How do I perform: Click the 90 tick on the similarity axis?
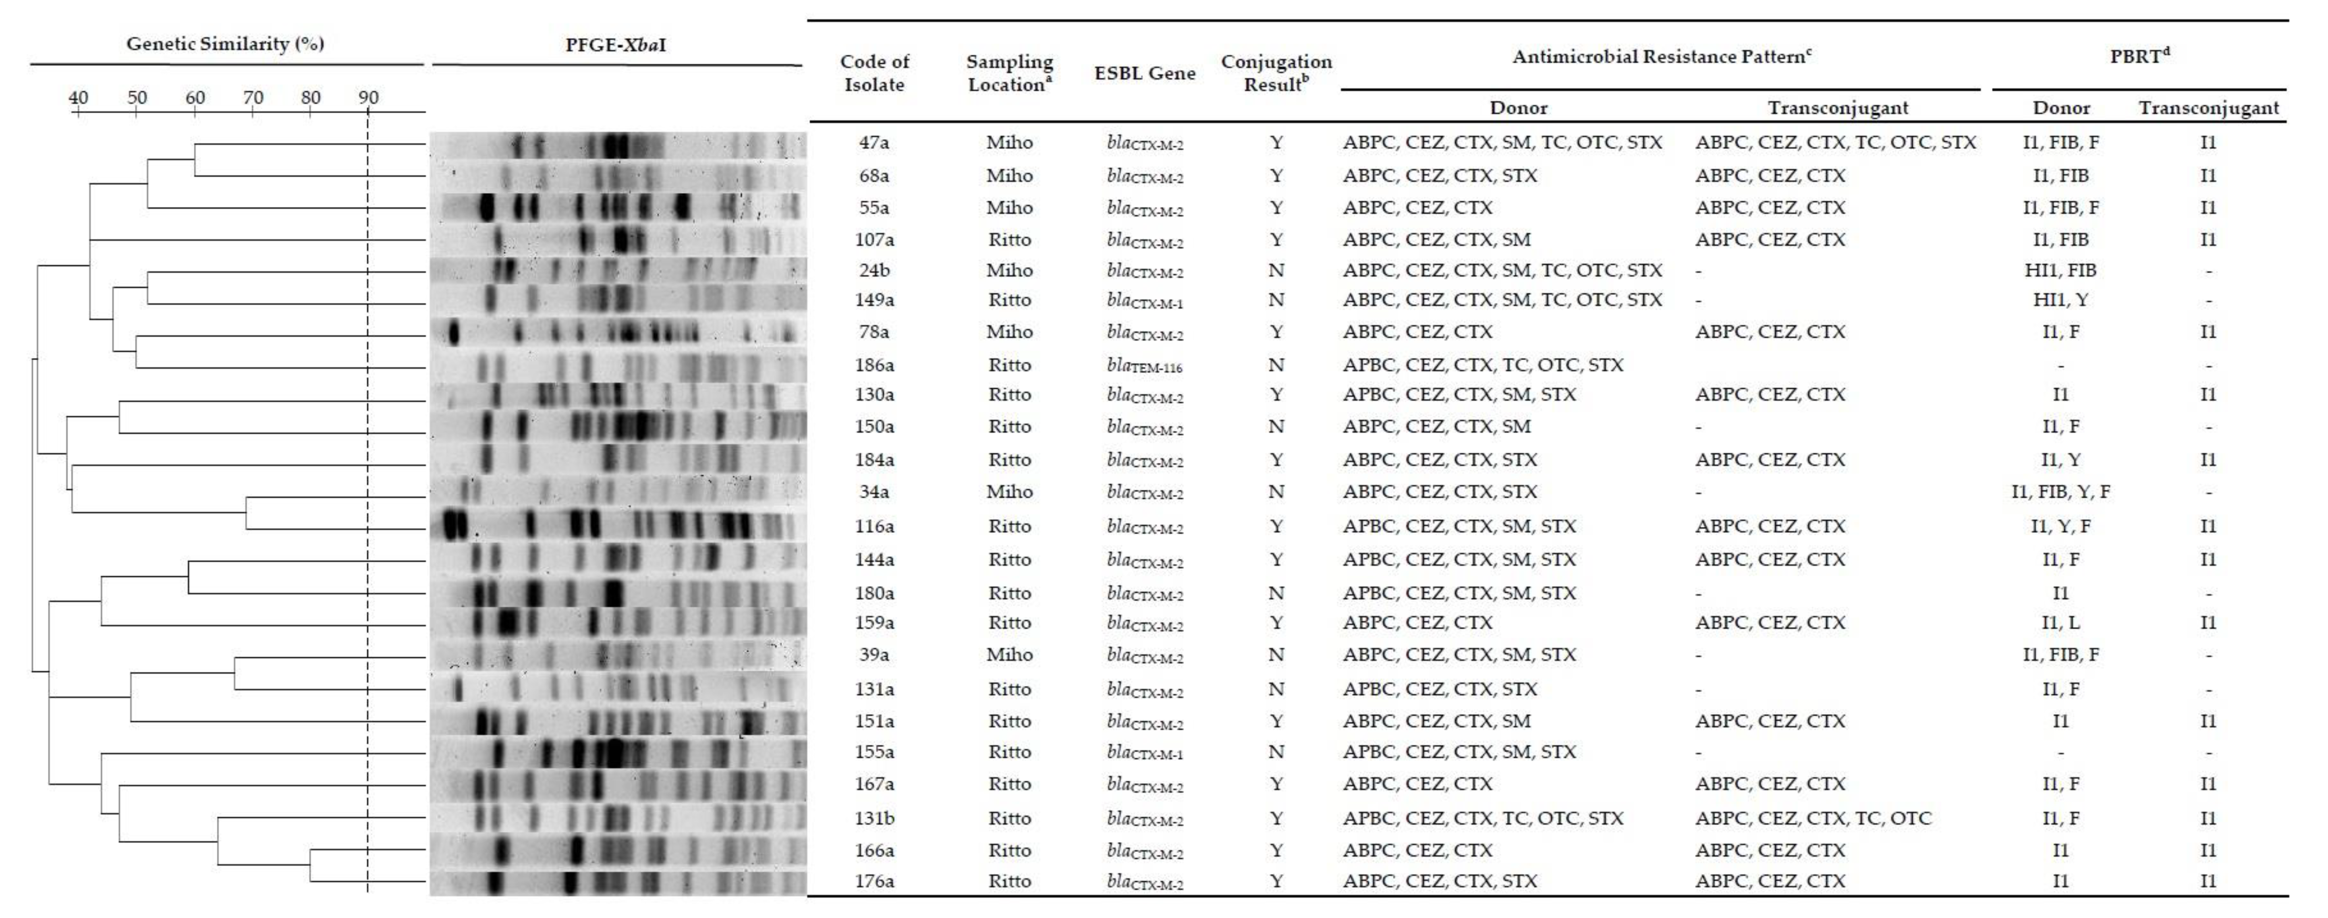click(x=368, y=97)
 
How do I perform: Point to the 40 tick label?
click(x=79, y=97)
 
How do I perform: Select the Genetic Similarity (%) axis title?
click(x=225, y=44)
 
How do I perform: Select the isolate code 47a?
click(x=874, y=143)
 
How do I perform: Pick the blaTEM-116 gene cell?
click(x=1144, y=365)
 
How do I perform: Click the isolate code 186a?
click(x=874, y=365)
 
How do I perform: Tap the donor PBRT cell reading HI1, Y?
click(x=2060, y=300)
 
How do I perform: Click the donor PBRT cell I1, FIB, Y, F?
click(x=2060, y=491)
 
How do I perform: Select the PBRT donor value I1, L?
click(x=2060, y=623)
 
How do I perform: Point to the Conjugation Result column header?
click(x=1276, y=73)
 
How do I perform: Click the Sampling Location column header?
click(x=1009, y=73)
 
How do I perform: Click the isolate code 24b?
click(x=874, y=270)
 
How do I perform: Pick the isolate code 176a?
click(x=874, y=881)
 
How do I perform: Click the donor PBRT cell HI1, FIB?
click(x=2060, y=270)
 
